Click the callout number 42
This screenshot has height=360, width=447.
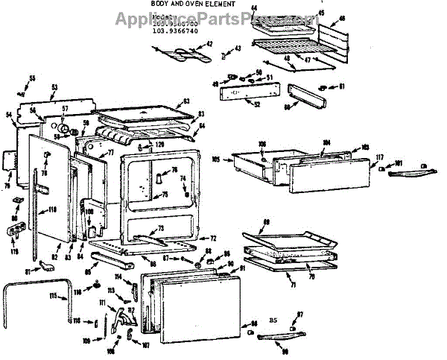pos(209,44)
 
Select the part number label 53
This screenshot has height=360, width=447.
pos(54,87)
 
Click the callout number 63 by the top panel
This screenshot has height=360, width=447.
pos(186,101)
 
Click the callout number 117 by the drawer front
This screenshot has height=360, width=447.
pos(378,157)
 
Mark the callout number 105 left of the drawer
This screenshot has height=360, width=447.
pos(216,158)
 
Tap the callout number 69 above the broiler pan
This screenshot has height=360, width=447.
pos(267,222)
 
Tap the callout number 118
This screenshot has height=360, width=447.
pos(52,211)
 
